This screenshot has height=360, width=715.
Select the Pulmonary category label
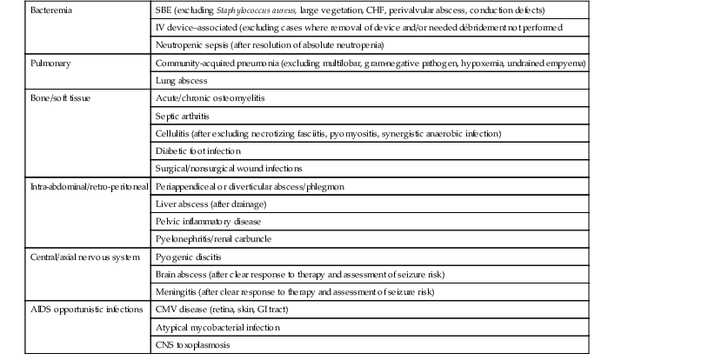click(47, 63)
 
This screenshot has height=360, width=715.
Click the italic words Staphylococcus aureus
click(244, 10)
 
